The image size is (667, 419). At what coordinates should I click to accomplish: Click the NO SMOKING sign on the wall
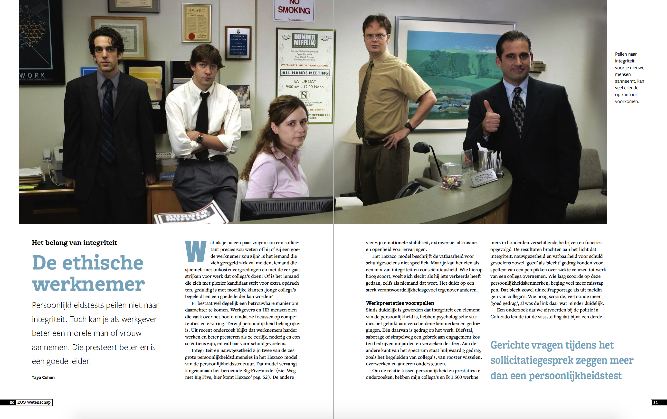tap(294, 10)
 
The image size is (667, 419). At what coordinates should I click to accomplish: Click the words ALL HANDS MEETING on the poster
tap(305, 73)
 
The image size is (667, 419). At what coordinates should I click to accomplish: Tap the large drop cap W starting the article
tap(196, 251)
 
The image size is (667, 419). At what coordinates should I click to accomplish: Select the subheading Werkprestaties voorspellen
tap(400, 303)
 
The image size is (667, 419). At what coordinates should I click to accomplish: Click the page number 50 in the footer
tap(12, 402)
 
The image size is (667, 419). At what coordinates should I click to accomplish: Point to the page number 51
tap(655, 402)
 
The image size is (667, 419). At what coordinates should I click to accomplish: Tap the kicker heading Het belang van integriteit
tap(74, 242)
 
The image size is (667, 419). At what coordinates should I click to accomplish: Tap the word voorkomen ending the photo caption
tap(627, 101)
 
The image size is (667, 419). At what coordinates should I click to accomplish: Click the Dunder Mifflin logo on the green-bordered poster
tap(305, 40)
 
